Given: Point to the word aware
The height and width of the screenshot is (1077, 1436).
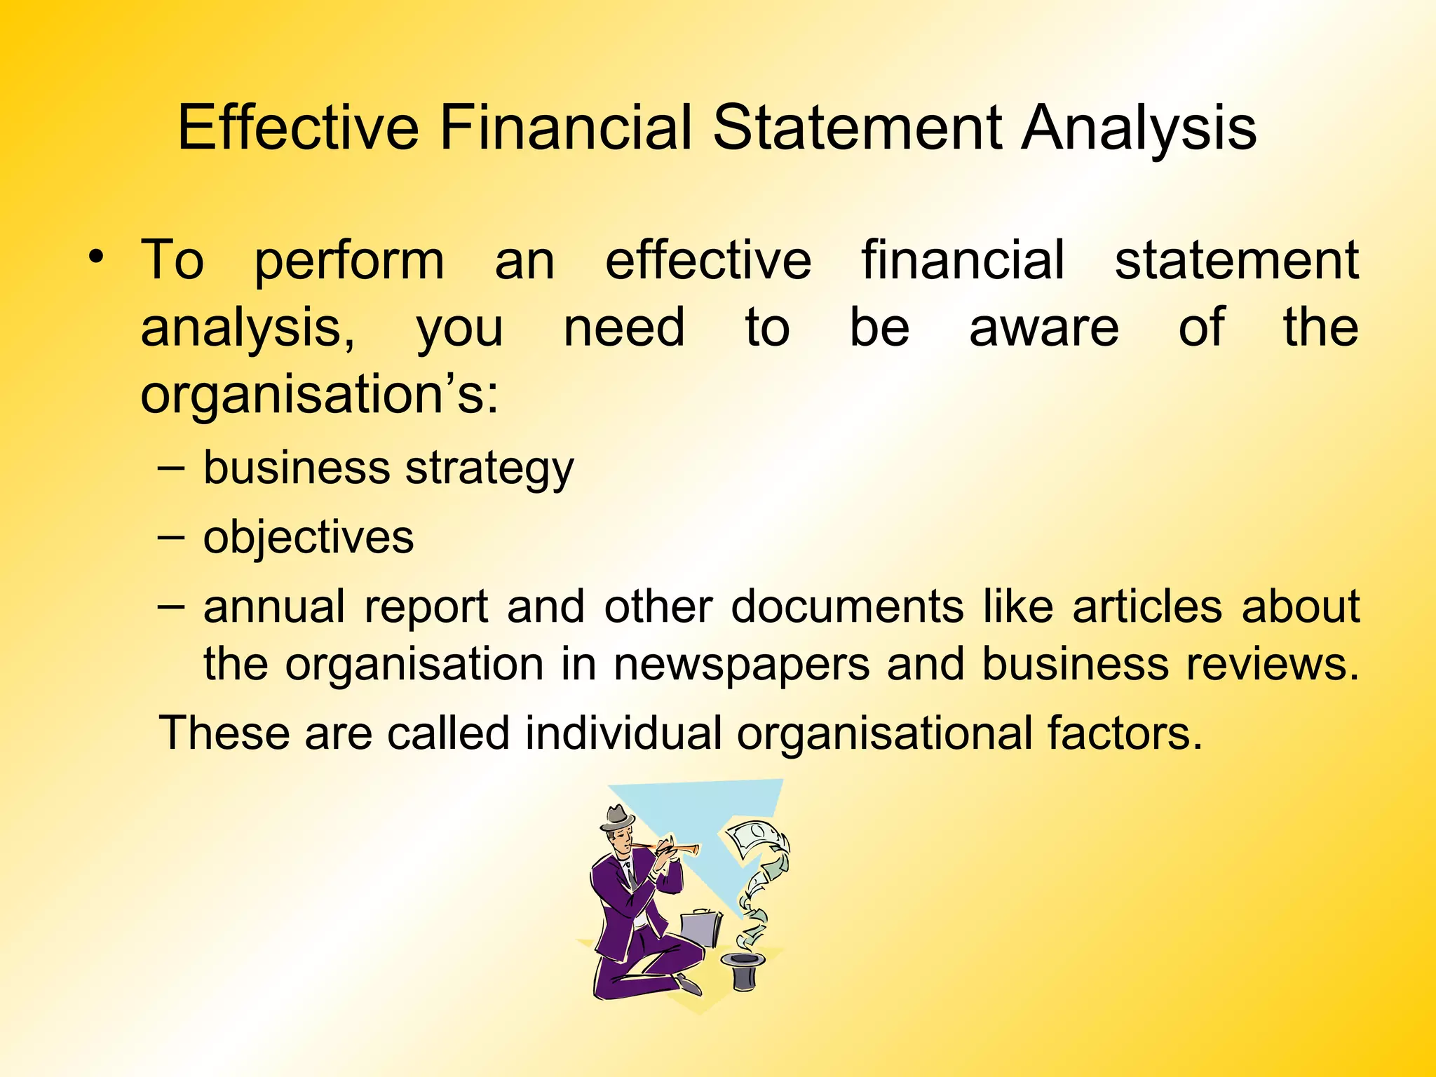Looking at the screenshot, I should [1043, 328].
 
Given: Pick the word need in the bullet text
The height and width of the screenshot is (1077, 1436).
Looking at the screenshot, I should [624, 328].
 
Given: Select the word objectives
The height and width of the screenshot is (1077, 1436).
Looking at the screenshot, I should [309, 538].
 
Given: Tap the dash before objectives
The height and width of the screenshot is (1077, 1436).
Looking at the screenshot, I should [171, 538].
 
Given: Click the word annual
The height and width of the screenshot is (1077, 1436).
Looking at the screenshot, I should [274, 607].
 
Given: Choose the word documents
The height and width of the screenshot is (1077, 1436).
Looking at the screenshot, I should [847, 607].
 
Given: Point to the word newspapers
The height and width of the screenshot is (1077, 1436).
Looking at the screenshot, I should [741, 665].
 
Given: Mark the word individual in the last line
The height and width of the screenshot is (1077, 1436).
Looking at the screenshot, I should [623, 733].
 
